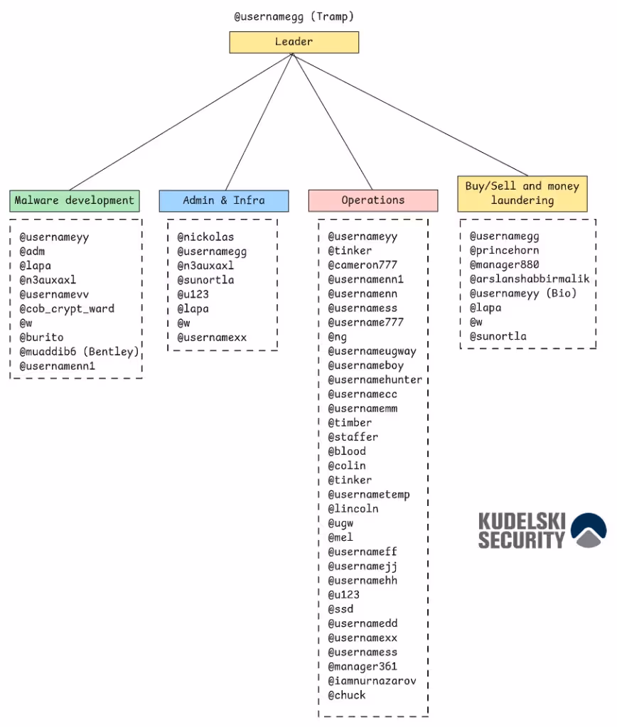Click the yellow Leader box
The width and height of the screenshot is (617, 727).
[294, 42]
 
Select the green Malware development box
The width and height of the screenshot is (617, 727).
[75, 200]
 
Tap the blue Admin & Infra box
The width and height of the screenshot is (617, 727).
[224, 200]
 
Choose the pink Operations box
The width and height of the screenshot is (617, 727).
[372, 200]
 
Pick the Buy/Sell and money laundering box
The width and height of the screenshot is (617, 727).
[522, 193]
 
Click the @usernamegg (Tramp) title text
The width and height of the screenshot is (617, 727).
[294, 16]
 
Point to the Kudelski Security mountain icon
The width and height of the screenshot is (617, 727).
[589, 530]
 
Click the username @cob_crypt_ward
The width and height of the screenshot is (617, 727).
[67, 308]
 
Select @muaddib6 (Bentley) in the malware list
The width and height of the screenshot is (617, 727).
[79, 352]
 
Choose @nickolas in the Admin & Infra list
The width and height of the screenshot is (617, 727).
[205, 237]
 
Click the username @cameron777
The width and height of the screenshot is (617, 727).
[363, 265]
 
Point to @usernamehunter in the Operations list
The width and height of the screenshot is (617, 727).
[375, 379]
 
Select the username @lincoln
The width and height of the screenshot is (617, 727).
[353, 509]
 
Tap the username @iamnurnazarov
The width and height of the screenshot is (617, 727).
[372, 681]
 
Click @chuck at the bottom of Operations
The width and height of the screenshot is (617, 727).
[347, 695]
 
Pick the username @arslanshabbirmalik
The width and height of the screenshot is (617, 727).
[530, 279]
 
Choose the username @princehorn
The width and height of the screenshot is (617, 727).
[504, 250]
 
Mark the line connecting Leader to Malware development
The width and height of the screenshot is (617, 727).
[181, 121]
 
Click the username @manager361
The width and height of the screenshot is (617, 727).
[363, 667]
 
